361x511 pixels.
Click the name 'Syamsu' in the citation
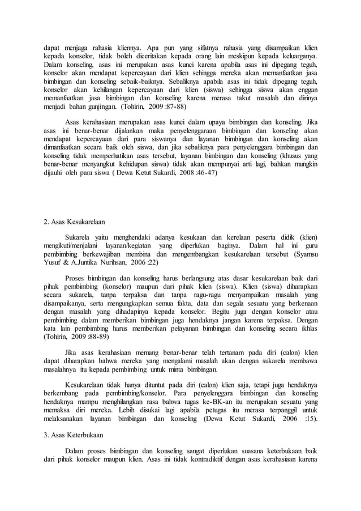305,255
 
